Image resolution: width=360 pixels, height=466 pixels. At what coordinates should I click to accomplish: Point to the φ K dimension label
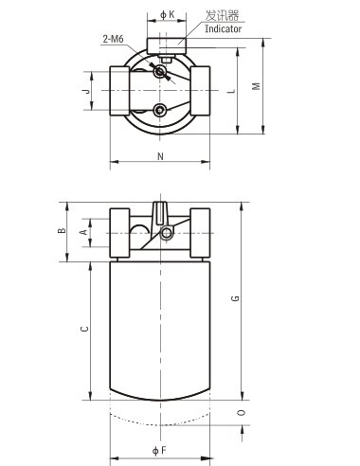coord(167,13)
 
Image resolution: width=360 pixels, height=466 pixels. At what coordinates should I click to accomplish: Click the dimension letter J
coord(84,91)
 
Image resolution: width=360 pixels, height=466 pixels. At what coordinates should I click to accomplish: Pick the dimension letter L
coord(231,91)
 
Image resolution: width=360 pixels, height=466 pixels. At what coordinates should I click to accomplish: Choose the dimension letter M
coord(256,85)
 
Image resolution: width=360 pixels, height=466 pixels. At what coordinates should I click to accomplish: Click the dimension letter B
coord(62,230)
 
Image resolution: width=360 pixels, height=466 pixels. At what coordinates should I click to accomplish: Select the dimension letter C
coord(83,330)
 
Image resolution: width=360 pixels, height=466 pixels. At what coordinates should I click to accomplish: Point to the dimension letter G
coord(235,299)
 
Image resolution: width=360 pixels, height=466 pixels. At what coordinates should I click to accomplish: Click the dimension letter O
coord(242,413)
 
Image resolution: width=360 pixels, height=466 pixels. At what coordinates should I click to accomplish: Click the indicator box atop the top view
coord(166,44)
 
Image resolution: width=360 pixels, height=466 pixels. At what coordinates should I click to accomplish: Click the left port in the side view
coord(120,231)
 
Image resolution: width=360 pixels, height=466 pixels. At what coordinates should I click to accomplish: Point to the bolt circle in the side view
coord(168,233)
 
